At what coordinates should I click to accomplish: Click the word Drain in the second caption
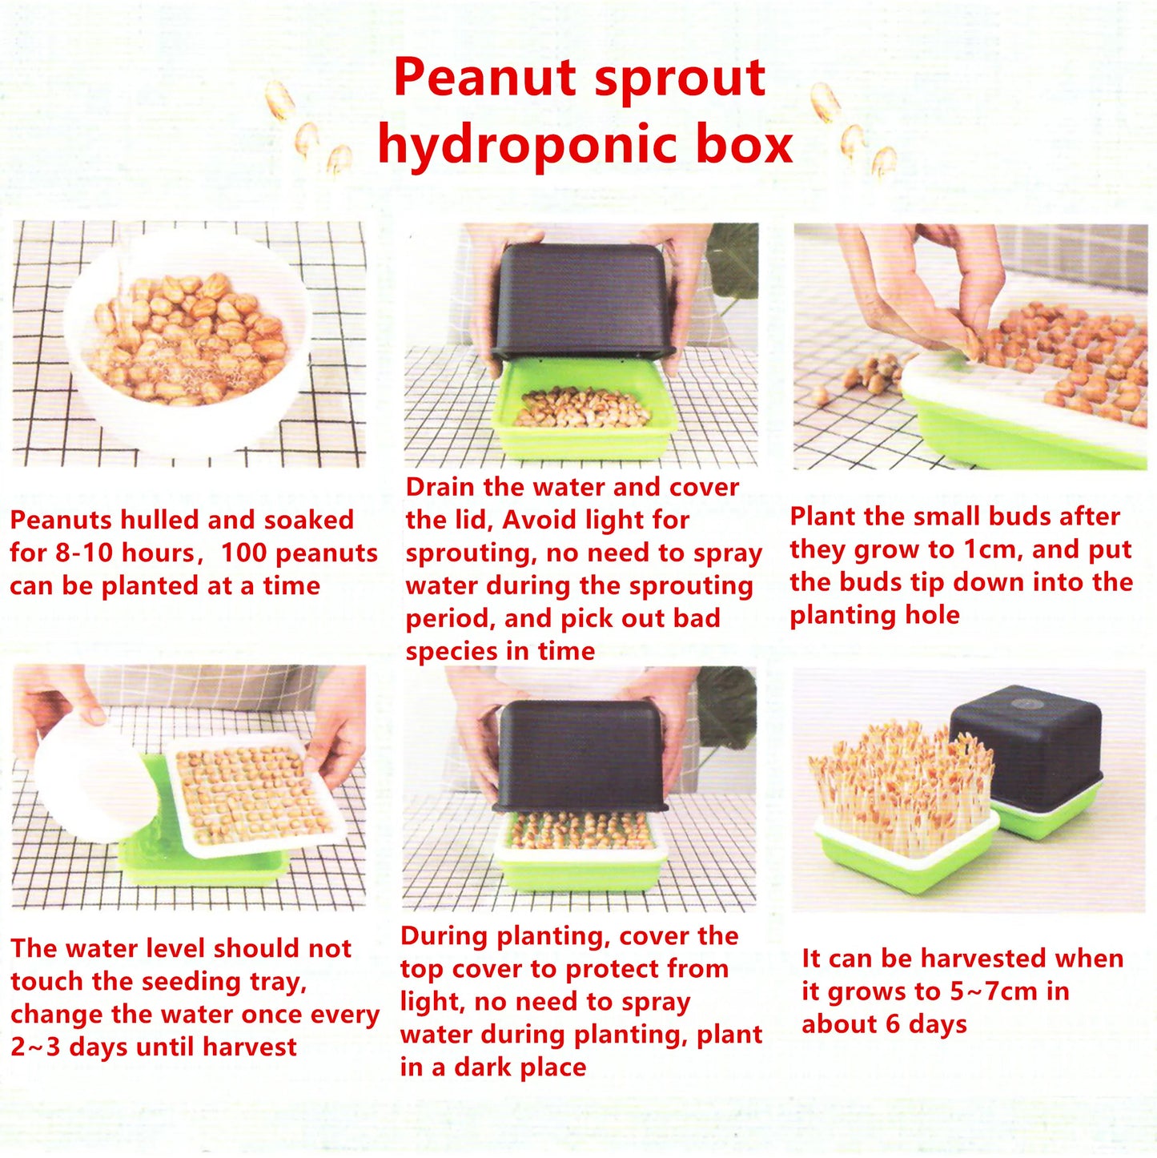tap(441, 487)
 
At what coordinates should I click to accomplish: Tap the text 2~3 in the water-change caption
tap(35, 1047)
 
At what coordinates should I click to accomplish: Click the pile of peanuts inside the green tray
tap(581, 407)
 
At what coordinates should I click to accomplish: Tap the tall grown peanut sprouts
tap(901, 781)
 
